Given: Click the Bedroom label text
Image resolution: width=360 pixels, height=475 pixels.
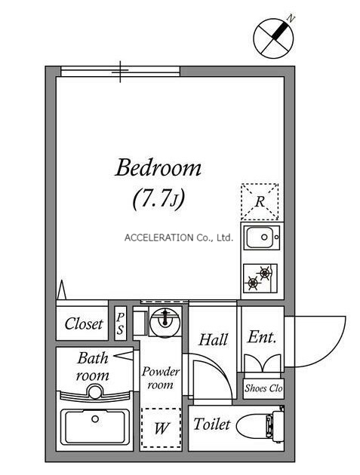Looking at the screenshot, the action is (158, 167).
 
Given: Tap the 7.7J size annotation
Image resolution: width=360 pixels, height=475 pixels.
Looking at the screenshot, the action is (158, 199).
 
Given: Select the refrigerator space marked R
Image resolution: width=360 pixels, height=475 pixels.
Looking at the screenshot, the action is (260, 201).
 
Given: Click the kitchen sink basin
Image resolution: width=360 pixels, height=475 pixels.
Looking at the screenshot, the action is (263, 237).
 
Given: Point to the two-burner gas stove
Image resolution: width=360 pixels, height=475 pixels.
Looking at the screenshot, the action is (260, 278).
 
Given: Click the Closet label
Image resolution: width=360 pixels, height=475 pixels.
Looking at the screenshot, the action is (84, 324).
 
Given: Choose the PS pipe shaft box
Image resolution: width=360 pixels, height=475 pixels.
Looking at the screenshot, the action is (121, 323).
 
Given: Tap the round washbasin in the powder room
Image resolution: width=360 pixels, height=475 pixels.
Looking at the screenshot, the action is (165, 322).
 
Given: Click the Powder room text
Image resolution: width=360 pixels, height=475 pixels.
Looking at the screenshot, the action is (161, 378).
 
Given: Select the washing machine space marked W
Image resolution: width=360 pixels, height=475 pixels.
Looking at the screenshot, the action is (161, 427).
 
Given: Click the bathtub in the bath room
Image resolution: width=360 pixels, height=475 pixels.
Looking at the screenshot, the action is (95, 426).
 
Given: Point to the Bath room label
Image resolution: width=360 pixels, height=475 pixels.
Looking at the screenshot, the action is (93, 366).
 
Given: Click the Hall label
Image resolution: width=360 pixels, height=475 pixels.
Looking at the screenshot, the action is (213, 339).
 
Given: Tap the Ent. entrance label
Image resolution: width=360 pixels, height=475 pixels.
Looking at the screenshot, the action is (262, 336).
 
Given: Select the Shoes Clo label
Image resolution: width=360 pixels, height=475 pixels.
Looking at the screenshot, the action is (263, 388).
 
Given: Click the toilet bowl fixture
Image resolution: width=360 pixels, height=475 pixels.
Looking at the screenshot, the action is (260, 424).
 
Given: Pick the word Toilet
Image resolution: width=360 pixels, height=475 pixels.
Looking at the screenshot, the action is (212, 424).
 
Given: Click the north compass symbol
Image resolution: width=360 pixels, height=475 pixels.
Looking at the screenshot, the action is (273, 38).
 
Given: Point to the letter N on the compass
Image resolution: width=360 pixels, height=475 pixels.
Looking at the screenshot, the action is (291, 19).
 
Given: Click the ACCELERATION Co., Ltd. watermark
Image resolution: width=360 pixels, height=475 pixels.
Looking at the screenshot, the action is (179, 237).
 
